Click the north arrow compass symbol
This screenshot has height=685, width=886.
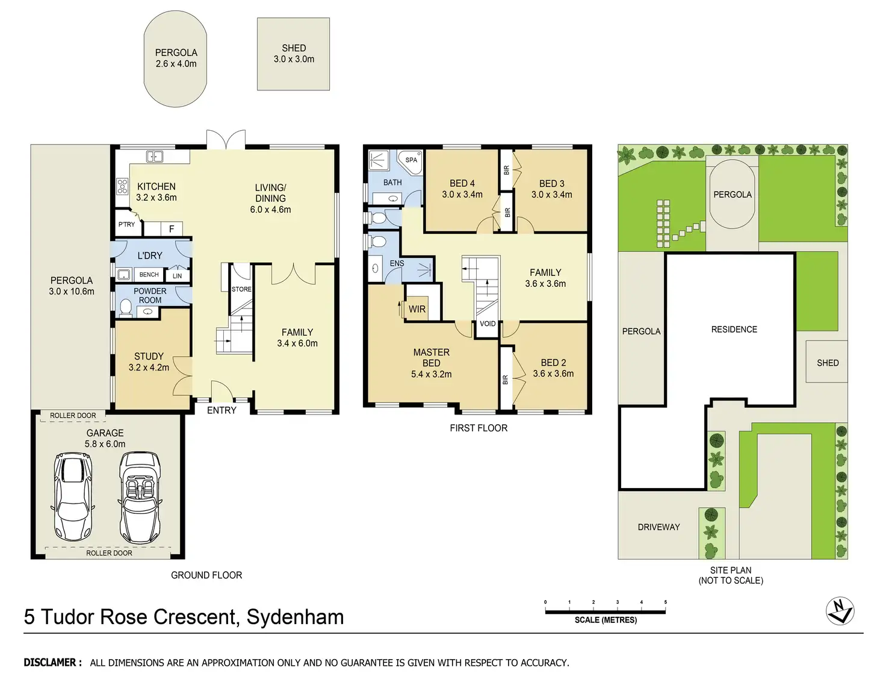(x=840, y=611)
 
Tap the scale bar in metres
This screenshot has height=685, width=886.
(x=605, y=611)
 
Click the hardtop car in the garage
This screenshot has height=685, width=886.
(x=73, y=496)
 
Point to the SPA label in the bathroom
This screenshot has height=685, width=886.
(x=411, y=160)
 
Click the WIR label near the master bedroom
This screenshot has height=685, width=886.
(x=417, y=309)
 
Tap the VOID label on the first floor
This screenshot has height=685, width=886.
(x=488, y=324)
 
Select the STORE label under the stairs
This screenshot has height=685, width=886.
(x=241, y=289)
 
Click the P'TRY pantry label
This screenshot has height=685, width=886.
(x=126, y=224)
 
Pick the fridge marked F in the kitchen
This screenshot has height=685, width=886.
(x=172, y=229)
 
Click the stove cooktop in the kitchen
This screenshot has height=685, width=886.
(x=122, y=186)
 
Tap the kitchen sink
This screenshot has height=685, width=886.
(x=155, y=157)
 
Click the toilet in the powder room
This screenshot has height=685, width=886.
(x=126, y=308)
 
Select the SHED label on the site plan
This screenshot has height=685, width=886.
(x=828, y=363)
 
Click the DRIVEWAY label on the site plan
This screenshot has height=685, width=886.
(x=658, y=527)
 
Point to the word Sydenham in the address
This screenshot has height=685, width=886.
(x=295, y=617)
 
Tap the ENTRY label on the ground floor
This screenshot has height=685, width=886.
(x=221, y=410)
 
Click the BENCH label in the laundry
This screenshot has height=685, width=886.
(x=149, y=275)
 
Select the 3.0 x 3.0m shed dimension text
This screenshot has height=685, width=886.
(x=294, y=59)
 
